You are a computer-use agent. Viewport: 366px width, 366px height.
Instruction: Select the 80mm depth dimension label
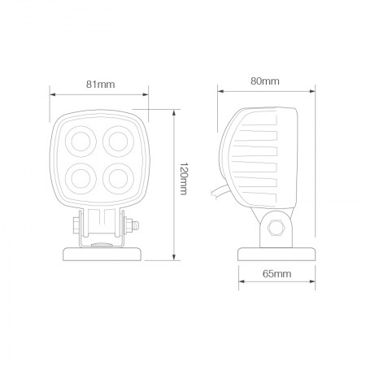coord(265,81)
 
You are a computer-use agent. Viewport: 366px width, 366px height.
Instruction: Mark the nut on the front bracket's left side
coord(76,225)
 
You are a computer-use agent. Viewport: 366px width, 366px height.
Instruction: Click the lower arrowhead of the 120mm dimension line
coord(176,260)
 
